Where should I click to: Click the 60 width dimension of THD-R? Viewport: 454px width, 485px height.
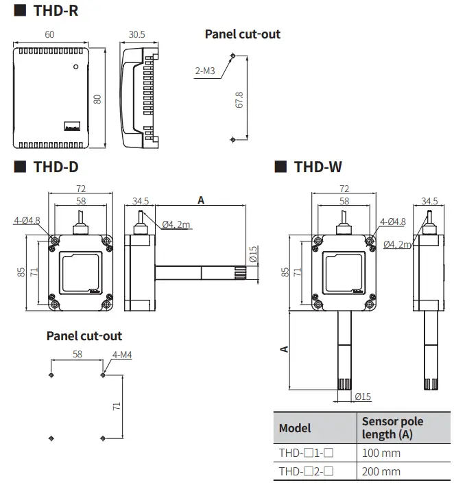pos(49,34)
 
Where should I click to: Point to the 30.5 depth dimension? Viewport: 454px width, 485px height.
pos(137,34)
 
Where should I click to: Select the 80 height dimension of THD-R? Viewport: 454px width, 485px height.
pos(97,98)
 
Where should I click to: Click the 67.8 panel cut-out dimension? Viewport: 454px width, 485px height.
pos(239,99)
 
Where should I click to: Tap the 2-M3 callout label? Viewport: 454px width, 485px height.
pos(204,70)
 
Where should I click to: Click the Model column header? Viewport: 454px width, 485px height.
pos(295,428)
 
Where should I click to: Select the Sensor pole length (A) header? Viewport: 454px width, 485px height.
pos(392,427)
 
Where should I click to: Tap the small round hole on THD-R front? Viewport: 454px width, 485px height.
pos(76,68)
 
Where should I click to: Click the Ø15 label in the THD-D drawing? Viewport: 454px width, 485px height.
pos(253,257)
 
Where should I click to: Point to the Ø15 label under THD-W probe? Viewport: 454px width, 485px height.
pos(363,397)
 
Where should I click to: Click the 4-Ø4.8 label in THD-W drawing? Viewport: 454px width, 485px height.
pos(393,222)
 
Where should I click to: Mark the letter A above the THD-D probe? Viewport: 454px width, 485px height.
pos(201,200)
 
